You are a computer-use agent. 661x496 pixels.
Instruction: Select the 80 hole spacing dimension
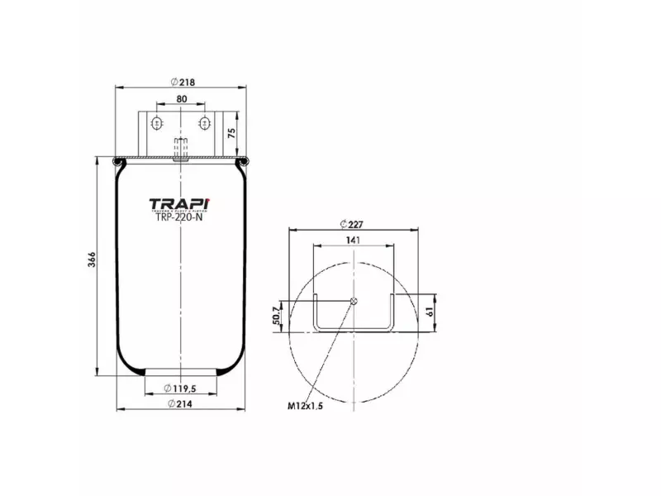pyautogui.click(x=181, y=99)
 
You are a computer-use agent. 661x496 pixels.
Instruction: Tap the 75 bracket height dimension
pyautogui.click(x=231, y=131)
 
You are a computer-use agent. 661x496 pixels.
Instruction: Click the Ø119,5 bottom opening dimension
pyautogui.click(x=180, y=389)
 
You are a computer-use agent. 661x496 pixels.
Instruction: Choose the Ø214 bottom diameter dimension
pyautogui.click(x=181, y=403)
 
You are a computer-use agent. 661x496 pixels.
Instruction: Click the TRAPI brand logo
pyautogui.click(x=180, y=203)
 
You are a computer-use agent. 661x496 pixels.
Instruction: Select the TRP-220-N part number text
pyautogui.click(x=179, y=218)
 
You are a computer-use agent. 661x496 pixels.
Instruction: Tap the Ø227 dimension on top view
pyautogui.click(x=354, y=224)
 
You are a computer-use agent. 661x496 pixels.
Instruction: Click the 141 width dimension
pyautogui.click(x=354, y=241)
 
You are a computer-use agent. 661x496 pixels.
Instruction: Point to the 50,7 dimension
pyautogui.click(x=275, y=315)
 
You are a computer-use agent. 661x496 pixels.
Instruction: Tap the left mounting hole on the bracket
pyautogui.click(x=155, y=123)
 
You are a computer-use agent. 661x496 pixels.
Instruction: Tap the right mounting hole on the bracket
pyautogui.click(x=204, y=123)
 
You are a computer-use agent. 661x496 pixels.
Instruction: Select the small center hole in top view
pyautogui.click(x=354, y=300)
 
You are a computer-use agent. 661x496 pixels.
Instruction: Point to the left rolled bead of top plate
pyautogui.click(x=117, y=160)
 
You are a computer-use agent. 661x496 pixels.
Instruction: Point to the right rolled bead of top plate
pyautogui.click(x=243, y=160)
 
